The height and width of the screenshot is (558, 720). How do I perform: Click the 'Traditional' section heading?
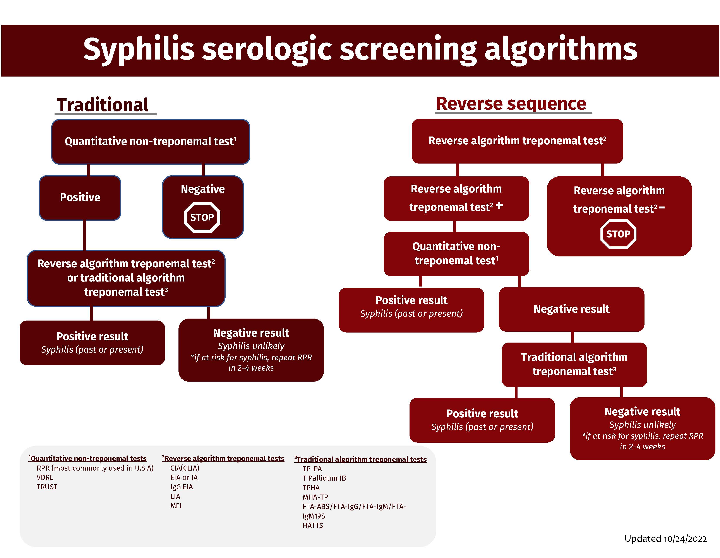coord(103,105)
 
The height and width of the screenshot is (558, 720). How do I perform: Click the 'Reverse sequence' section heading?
coord(511,104)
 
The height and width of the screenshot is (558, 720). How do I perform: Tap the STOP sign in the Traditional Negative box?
coord(202,217)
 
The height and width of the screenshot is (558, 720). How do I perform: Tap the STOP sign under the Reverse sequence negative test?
coord(618,234)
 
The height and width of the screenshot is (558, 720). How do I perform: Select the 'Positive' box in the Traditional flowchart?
coord(80,197)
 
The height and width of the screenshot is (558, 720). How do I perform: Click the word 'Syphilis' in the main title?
coord(139,49)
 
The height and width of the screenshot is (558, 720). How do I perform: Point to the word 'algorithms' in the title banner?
coord(561,49)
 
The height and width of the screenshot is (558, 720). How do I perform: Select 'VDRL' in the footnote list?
coord(45,477)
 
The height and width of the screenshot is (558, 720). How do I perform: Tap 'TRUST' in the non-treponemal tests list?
coord(47,487)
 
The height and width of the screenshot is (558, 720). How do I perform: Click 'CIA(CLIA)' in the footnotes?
coord(185,468)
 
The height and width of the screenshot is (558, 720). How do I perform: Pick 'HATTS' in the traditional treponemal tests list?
coord(312,525)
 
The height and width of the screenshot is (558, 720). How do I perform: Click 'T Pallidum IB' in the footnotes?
coord(324,478)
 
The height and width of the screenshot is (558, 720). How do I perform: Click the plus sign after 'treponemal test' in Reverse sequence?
coord(499,206)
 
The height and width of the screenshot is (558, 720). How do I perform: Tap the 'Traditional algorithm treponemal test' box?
coord(574,364)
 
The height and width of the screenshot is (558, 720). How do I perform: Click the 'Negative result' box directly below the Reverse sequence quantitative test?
coord(571,309)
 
